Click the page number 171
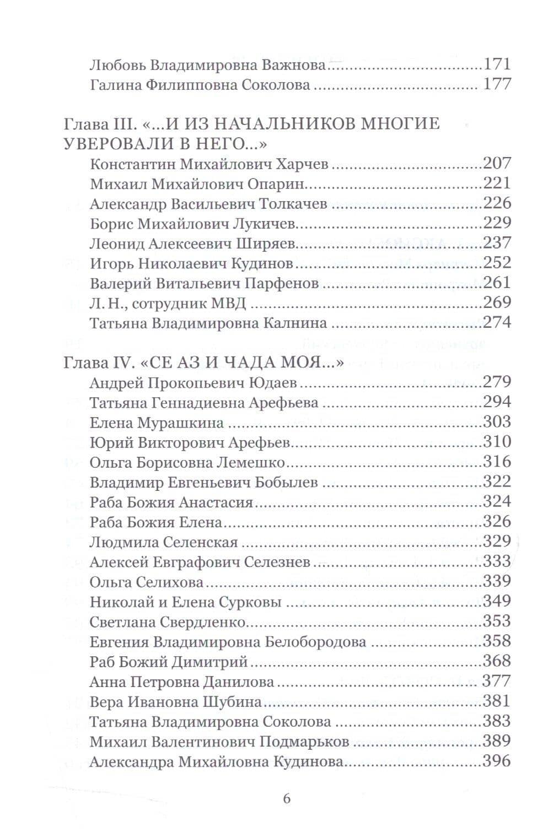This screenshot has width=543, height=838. point(497,64)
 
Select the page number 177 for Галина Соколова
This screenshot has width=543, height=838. point(497,84)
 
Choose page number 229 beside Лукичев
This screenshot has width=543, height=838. point(497,223)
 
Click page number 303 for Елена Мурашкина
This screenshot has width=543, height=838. point(497,422)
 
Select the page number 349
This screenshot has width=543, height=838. point(497,601)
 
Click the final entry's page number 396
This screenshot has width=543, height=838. point(497,761)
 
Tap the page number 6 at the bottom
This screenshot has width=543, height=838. point(286,799)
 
